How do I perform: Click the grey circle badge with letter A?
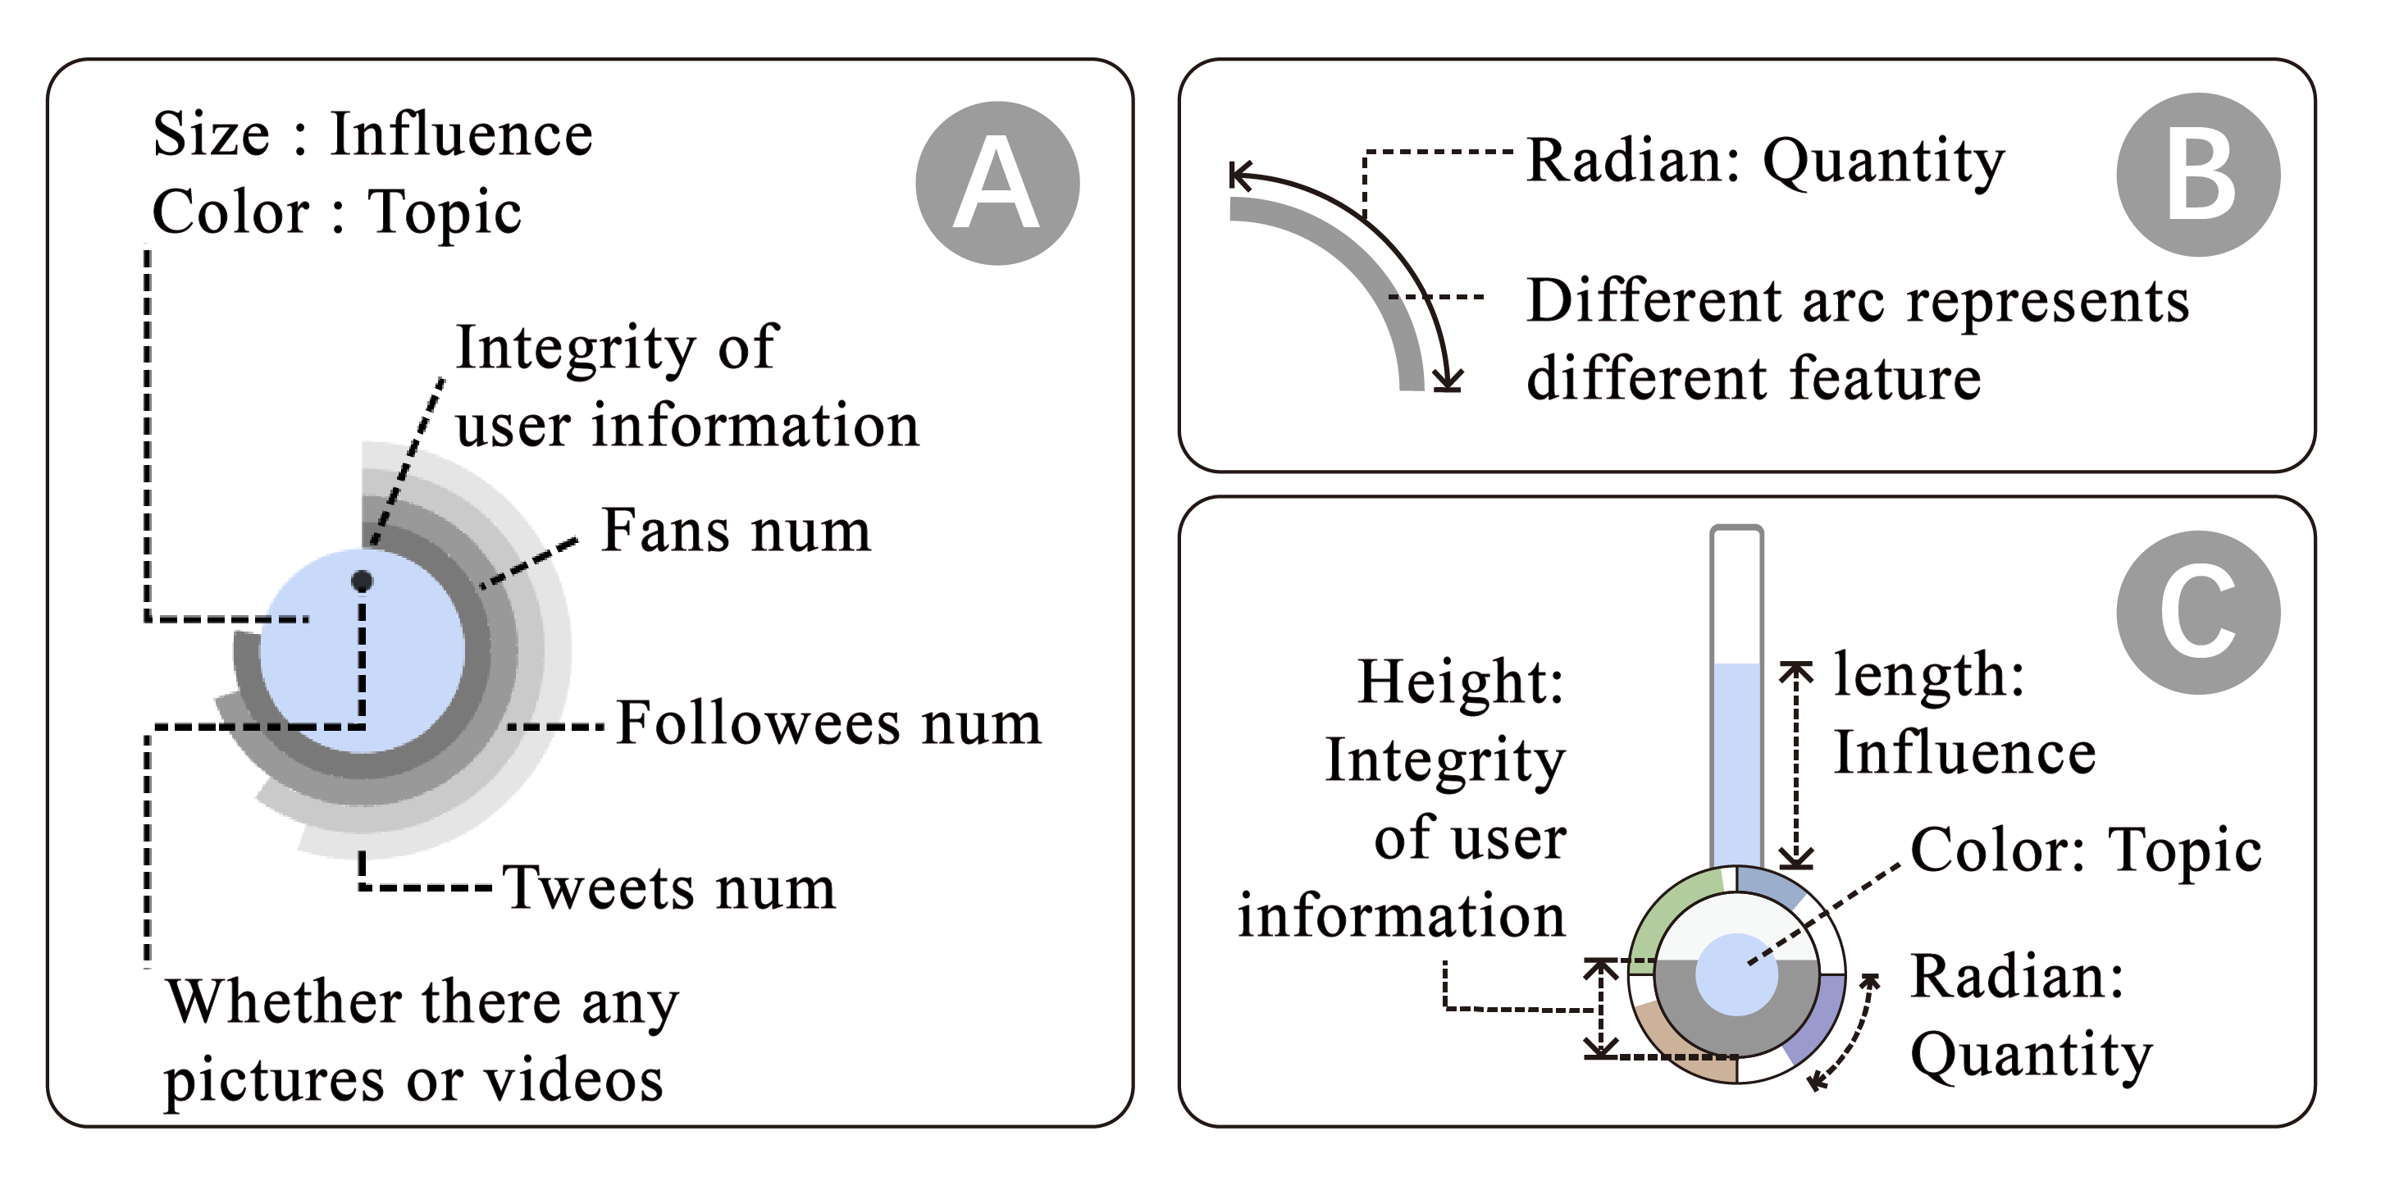point(997,183)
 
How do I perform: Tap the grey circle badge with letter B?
point(2197,175)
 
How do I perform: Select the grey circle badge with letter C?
point(2197,612)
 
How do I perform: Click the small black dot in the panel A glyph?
point(363,581)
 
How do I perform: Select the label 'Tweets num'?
point(668,887)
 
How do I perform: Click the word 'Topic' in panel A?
point(445,212)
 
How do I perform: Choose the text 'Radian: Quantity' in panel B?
point(1764,160)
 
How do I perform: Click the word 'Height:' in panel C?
point(1461,682)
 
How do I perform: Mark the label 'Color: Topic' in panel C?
point(2085,850)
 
